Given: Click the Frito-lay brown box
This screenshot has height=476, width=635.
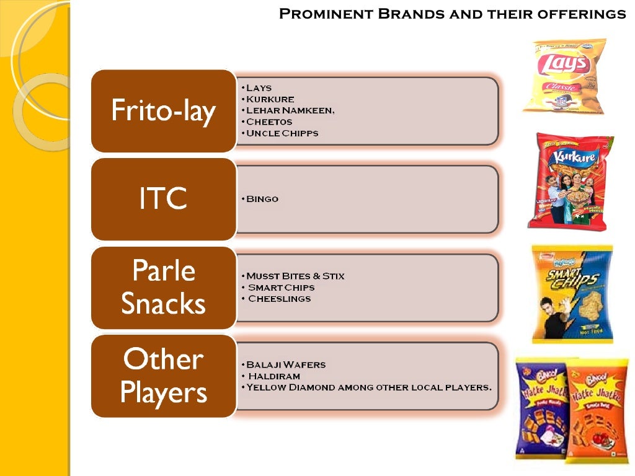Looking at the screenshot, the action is (x=163, y=111).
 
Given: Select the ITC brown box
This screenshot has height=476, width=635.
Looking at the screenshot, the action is (x=163, y=199).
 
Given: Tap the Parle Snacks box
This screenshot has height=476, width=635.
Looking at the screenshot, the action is (x=163, y=288).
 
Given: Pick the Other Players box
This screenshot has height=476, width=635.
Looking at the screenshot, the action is (x=163, y=376).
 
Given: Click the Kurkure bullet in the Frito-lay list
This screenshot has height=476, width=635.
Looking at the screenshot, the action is (x=270, y=99).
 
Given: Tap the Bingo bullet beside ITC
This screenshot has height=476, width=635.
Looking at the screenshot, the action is (x=262, y=199).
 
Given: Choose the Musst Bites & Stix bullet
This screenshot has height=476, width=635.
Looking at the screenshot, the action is (x=295, y=276).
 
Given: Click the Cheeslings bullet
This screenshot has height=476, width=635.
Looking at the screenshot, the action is (x=279, y=299).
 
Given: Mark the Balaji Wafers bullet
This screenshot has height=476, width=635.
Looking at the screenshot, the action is (x=285, y=364).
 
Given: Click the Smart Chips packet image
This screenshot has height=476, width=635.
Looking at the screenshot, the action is (x=572, y=293).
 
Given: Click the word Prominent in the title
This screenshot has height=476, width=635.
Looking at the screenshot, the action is (x=319, y=14).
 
